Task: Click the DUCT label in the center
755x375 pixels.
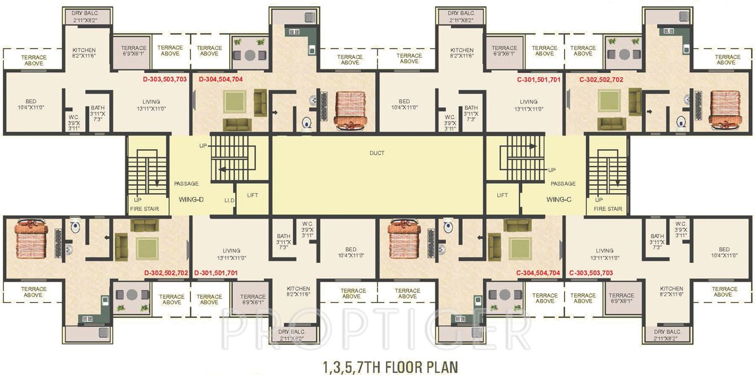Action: (x=377, y=153)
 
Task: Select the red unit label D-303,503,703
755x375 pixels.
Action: (x=165, y=80)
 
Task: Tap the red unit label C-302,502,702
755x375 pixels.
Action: (x=601, y=80)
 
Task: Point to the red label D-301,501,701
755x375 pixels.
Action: (x=215, y=273)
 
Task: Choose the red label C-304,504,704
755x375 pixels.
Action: (x=538, y=273)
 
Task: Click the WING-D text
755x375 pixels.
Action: (x=191, y=199)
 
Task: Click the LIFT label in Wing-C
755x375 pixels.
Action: (x=502, y=195)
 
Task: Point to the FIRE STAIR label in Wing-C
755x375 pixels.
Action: (x=608, y=209)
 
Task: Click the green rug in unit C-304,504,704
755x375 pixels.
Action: (x=519, y=246)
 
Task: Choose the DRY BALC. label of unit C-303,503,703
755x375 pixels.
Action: (x=668, y=335)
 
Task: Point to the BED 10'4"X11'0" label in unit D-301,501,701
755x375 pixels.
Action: (x=350, y=252)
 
